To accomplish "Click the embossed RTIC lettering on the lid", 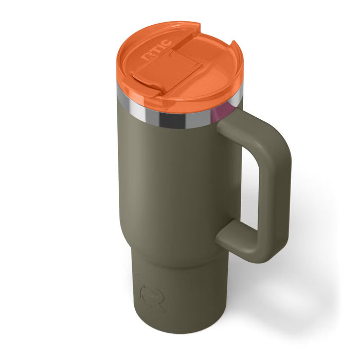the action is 157,50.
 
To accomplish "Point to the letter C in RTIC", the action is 167,43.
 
